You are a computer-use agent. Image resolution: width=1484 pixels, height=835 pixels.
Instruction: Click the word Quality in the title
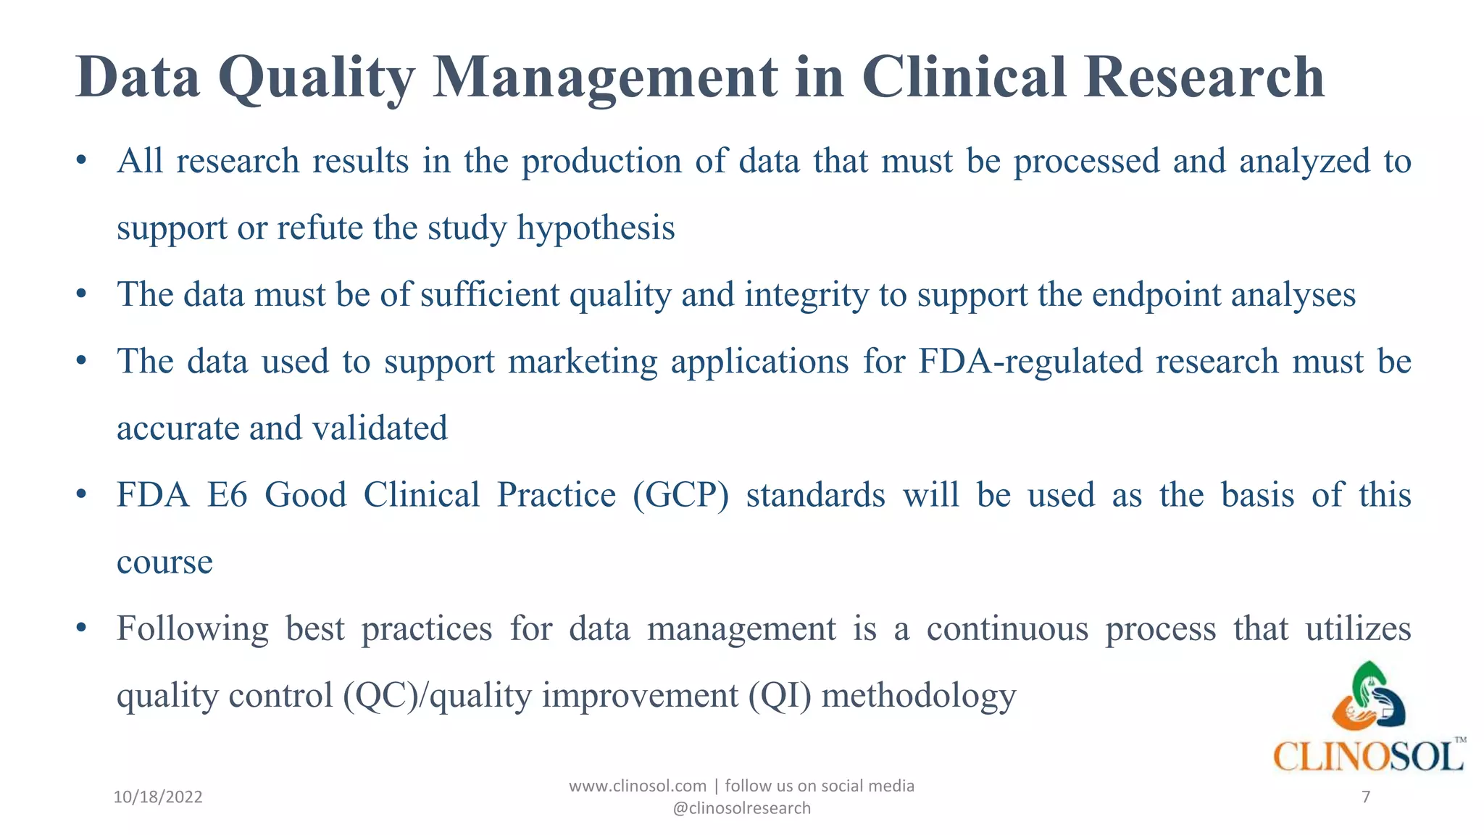316,78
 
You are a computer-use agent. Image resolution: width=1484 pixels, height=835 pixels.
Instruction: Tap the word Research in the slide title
1204,78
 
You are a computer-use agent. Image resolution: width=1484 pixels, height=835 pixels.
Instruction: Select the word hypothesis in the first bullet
596,228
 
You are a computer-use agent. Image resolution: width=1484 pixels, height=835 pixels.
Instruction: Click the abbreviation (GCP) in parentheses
680,495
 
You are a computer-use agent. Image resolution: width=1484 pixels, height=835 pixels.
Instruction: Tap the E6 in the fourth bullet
227,495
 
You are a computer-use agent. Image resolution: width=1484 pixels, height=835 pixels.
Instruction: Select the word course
164,562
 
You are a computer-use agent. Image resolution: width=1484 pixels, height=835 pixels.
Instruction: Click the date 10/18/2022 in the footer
158,797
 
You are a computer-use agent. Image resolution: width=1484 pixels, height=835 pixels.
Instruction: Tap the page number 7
1366,797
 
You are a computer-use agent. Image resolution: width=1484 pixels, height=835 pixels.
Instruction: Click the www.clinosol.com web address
638,786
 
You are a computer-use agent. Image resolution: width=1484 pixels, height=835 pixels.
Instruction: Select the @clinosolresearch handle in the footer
741,808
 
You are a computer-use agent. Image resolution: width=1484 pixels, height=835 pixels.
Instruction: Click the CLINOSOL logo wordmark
1368,757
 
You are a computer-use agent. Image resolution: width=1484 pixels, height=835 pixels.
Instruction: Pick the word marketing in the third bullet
583,361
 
